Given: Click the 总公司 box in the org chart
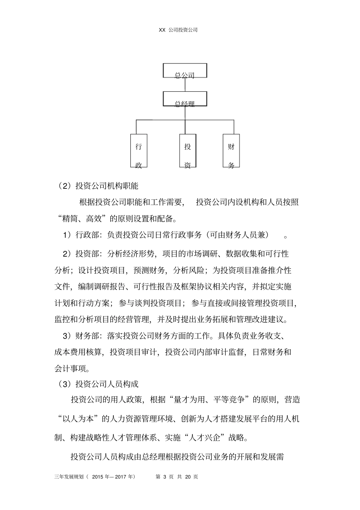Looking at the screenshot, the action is [x=185, y=71].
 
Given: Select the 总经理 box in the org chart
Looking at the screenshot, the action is [x=185, y=99].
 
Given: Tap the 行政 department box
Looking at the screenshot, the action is [x=139, y=151].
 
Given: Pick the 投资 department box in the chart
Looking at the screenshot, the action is [x=188, y=151].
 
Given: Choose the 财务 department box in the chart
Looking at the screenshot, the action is [x=231, y=151].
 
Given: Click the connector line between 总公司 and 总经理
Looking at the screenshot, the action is [x=185, y=85].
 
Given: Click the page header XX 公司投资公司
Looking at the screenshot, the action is [x=178, y=30].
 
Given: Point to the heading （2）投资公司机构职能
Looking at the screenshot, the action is [x=99, y=186].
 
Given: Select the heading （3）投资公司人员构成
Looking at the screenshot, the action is [x=99, y=384].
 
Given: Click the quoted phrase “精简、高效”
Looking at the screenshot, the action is [x=83, y=218].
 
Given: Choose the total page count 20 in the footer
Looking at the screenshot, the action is [x=188, y=477].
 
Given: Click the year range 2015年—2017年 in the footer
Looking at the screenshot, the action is [x=113, y=477].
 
